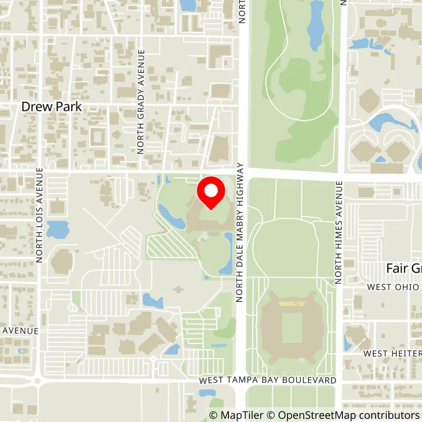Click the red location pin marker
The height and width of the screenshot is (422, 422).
tap(211, 193)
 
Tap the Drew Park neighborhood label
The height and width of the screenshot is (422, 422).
tap(52, 107)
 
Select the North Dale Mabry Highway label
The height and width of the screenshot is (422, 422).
tap(240, 233)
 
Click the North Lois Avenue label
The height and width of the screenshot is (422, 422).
tap(40, 215)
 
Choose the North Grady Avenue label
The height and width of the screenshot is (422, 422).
tap(141, 101)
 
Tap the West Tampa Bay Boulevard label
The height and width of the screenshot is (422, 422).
tap(267, 380)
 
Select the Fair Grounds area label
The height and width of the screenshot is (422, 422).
tap(404, 268)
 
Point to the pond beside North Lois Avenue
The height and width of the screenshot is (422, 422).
tap(57, 229)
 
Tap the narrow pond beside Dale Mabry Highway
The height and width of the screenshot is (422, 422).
tap(228, 253)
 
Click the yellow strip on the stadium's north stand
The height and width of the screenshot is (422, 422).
tap(291, 304)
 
